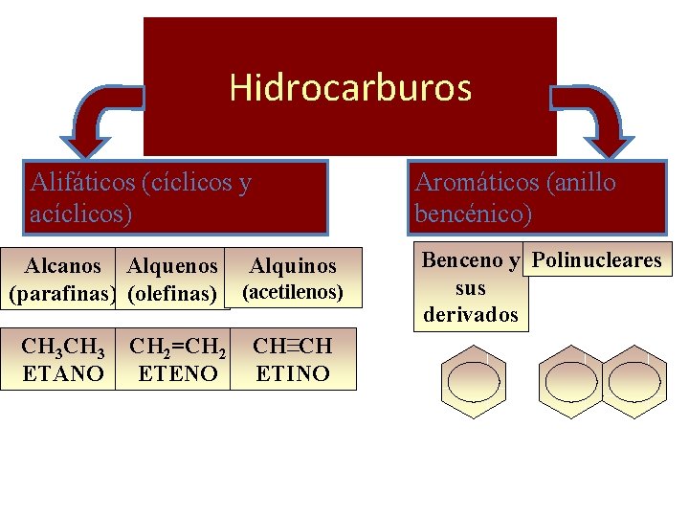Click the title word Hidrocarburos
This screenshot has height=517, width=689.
[350, 88]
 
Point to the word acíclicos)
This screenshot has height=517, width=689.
[81, 213]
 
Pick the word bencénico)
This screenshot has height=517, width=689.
[474, 213]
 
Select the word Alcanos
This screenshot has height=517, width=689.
[63, 265]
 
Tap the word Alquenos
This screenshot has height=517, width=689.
[173, 265]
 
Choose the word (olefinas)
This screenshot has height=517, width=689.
[171, 292]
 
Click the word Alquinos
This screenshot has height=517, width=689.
[293, 266]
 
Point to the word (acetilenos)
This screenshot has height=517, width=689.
[292, 292]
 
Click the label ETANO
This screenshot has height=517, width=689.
[62, 373]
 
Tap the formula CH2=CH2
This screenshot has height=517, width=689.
[178, 347]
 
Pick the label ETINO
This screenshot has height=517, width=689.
[293, 373]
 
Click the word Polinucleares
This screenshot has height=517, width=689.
[596, 260]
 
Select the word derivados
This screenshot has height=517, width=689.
[471, 315]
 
